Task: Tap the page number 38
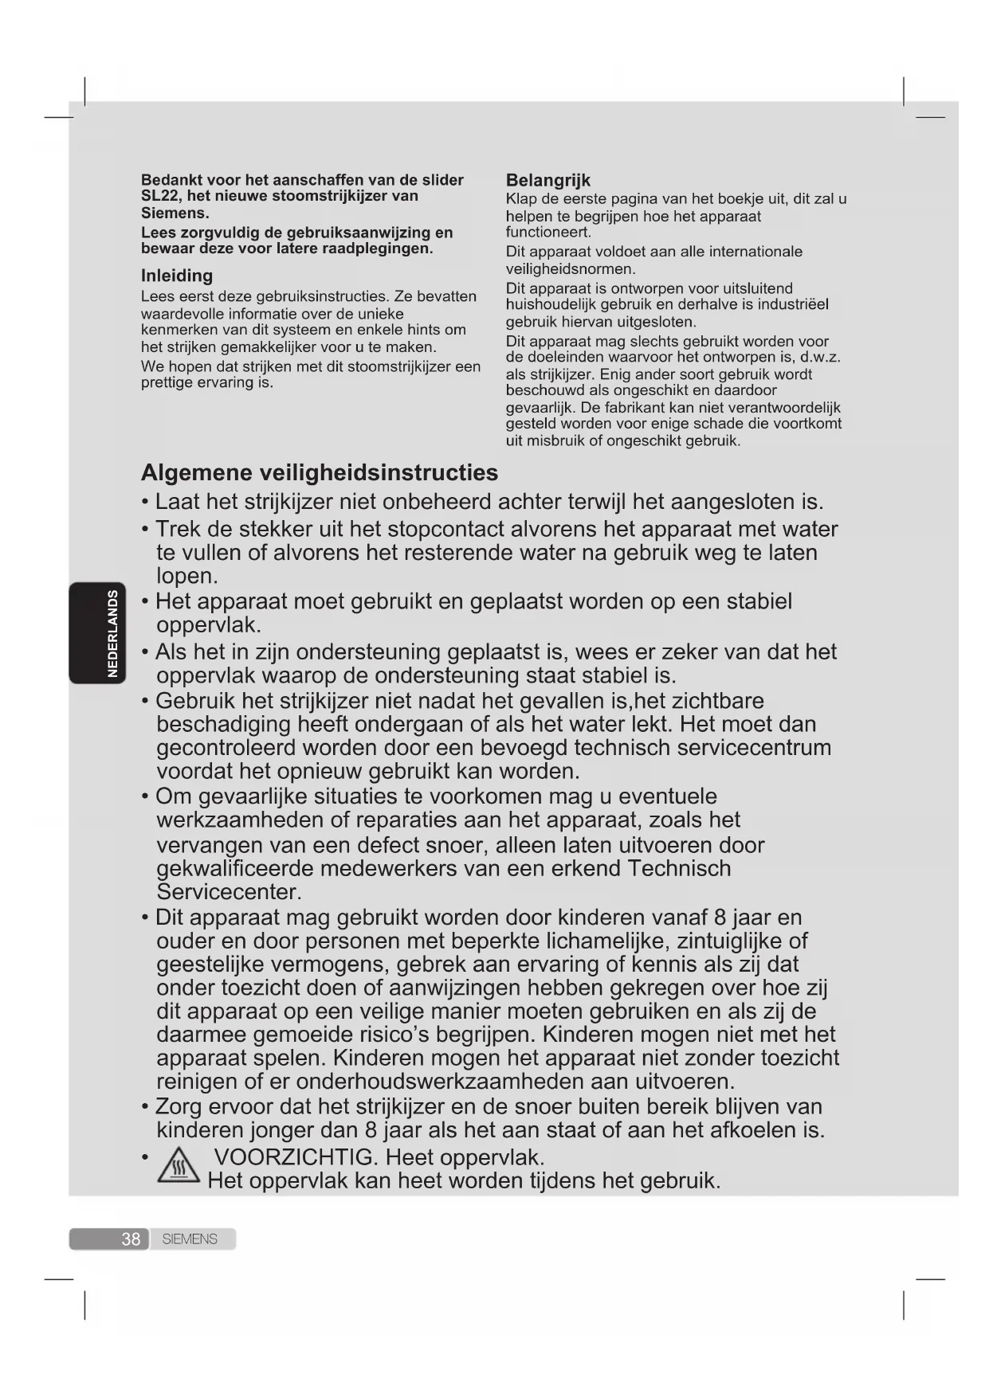(131, 1239)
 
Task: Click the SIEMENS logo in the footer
(190, 1239)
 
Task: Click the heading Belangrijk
(548, 180)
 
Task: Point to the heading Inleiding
(177, 276)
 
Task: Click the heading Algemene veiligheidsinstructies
(320, 472)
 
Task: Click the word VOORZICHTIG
(295, 1156)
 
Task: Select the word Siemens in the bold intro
(175, 213)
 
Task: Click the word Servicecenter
(229, 891)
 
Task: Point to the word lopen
(186, 576)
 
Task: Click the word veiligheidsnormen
(570, 269)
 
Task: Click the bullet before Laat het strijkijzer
(145, 503)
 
